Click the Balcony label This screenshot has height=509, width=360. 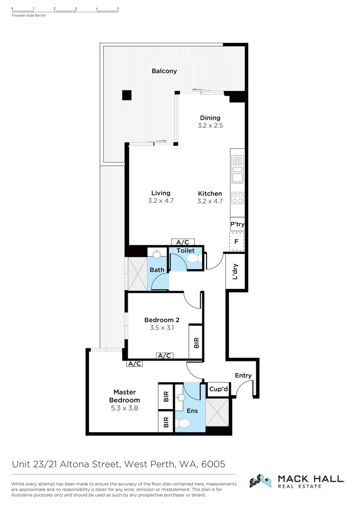pos(164,71)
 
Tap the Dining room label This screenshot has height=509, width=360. pos(210,118)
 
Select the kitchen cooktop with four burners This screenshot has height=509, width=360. pos(238,197)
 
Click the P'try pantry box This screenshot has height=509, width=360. pos(237,224)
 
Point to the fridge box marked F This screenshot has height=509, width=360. pos(237,242)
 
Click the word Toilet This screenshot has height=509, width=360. pos(185,251)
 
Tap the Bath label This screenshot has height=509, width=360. pos(157,270)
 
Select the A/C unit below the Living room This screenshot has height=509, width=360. pos(183,242)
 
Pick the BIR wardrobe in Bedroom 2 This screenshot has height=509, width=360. pos(196,342)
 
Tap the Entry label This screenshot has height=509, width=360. pos(243,376)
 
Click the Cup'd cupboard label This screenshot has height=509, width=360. pos(219,389)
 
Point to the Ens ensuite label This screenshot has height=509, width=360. pos(192,411)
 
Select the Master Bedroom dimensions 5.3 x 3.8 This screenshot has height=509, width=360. pos(124,408)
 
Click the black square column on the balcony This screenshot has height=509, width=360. pos(127,95)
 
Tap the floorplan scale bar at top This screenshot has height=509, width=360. pos(65,9)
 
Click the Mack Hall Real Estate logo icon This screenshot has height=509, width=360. pos(261,481)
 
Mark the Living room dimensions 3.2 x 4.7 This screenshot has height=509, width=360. pos(161,201)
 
